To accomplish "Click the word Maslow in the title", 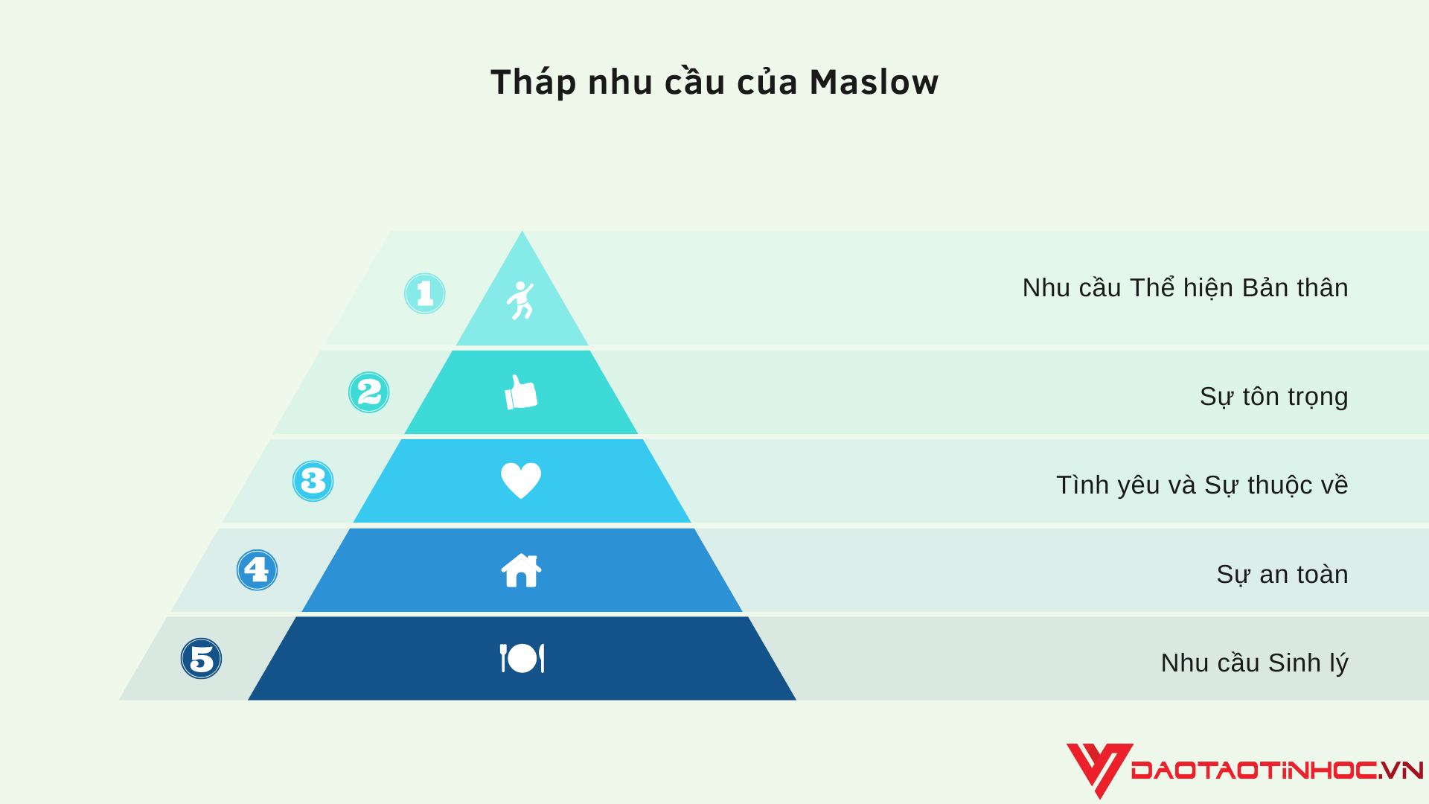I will (874, 82).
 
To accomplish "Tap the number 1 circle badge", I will (425, 293).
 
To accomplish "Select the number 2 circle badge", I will (369, 392).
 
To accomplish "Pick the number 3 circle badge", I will (313, 481).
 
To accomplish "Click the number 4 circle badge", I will (258, 570).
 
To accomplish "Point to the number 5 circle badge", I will (202, 659).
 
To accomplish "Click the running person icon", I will (521, 300).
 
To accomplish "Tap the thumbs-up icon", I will (521, 392).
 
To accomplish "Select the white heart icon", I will (521, 480).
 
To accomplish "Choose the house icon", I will (521, 570).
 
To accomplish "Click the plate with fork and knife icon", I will (522, 658).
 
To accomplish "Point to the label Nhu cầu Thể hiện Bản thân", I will (1185, 288).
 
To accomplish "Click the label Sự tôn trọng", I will (1273, 397).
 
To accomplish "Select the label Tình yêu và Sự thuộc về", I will (1202, 485).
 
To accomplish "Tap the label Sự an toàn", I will (1282, 575).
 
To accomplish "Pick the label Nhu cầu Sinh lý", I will (1254, 663).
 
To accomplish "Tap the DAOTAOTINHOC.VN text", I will (1276, 770).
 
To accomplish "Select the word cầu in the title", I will (694, 82).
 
